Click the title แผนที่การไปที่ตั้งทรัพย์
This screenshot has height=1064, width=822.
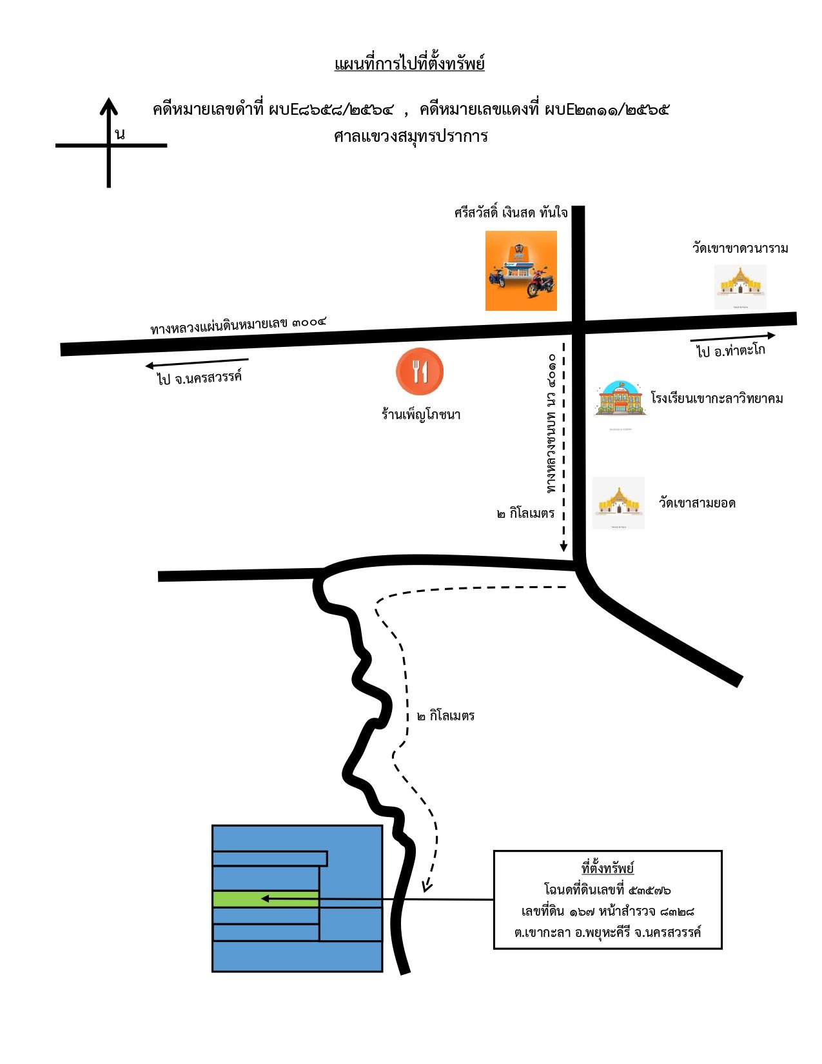409,64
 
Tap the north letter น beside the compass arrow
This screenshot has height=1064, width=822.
120,133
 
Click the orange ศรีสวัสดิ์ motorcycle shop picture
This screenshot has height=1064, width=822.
521,271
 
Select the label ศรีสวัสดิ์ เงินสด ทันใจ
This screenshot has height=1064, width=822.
511,213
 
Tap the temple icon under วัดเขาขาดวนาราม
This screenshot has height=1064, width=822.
739,286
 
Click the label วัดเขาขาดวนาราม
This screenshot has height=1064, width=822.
739,248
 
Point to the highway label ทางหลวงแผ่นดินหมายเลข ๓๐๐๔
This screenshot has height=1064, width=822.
238,325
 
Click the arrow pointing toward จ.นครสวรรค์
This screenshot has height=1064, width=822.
197,363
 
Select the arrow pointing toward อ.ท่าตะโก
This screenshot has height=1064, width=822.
733,337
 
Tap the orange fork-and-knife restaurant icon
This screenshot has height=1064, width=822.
420,371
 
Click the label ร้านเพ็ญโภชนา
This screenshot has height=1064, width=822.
421,415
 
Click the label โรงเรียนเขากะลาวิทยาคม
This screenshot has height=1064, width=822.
717,398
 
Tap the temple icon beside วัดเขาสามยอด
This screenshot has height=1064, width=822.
618,503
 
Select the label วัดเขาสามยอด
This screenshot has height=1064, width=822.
697,503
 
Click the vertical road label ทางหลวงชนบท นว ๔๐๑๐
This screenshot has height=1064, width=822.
551,424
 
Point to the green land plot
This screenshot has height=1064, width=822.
266,899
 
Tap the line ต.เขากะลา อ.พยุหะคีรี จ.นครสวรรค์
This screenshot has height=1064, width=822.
607,932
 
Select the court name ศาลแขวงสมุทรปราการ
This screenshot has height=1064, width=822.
411,136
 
